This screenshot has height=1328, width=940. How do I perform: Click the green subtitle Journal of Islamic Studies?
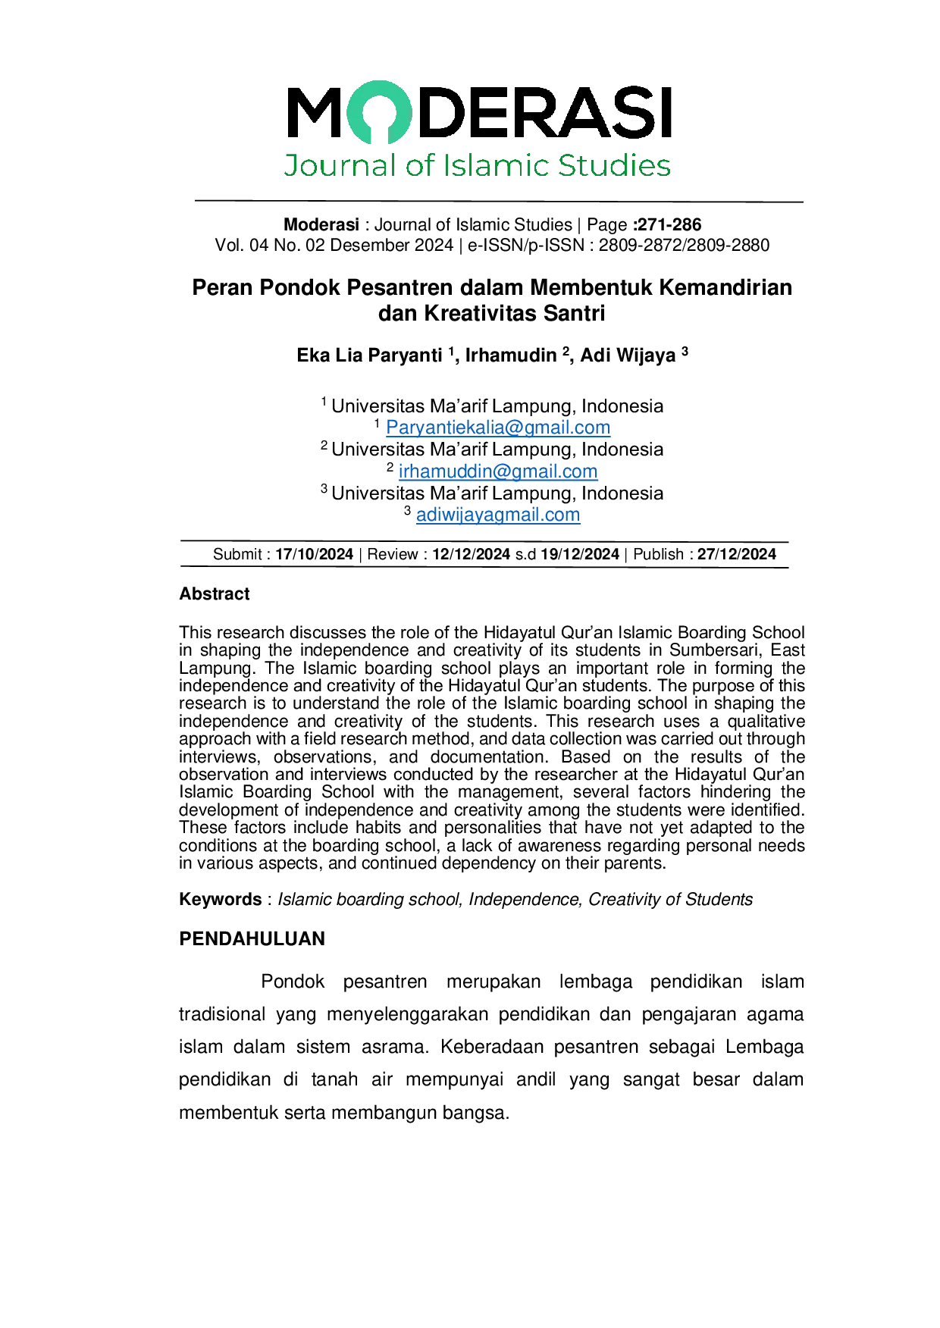click(478, 165)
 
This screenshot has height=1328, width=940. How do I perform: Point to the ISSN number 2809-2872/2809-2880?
click(684, 246)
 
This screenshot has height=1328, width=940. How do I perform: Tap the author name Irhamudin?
click(511, 355)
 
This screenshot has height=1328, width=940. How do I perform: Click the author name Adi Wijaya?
click(628, 355)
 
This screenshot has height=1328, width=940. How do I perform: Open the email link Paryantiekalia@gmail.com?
click(498, 428)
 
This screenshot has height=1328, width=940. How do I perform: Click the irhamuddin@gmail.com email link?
click(498, 471)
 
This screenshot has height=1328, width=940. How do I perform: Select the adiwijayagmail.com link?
click(498, 515)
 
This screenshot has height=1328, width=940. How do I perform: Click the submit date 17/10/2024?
click(314, 554)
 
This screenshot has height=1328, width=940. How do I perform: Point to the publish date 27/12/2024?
click(737, 554)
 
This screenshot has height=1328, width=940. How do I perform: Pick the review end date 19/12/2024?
click(580, 554)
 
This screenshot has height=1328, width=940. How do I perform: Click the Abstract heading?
click(215, 594)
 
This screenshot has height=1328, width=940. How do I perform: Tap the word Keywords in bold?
click(221, 900)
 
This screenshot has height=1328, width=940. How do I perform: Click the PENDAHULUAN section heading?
click(252, 939)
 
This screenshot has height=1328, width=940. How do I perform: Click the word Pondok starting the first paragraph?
click(293, 982)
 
